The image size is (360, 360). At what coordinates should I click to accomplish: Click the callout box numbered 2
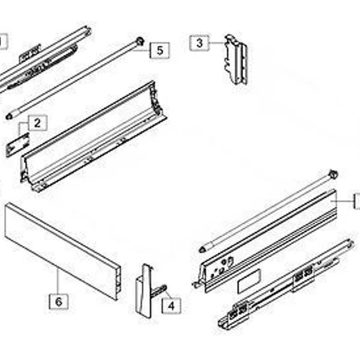tap(38, 123)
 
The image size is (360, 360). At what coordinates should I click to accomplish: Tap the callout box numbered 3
tap(199, 43)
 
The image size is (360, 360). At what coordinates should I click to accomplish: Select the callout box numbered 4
tap(171, 305)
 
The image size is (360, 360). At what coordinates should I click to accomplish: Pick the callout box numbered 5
tap(160, 50)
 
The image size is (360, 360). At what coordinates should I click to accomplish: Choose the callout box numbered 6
tap(59, 301)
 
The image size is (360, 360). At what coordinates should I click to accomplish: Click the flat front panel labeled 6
tap(62, 251)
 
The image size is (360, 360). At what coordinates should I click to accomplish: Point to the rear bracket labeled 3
tap(236, 59)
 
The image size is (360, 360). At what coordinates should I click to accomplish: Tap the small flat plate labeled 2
tap(17, 145)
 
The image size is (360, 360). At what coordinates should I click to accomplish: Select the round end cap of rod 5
tap(140, 41)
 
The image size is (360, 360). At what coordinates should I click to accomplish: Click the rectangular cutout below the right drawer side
tap(249, 281)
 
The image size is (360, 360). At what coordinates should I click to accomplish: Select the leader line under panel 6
tap(58, 281)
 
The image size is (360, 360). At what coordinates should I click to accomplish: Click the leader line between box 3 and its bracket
tap(217, 43)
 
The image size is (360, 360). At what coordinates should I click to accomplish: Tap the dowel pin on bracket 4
tap(158, 290)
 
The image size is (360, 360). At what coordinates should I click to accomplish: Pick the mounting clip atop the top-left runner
tap(29, 53)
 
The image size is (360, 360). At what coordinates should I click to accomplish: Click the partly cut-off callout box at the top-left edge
tap(4, 41)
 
